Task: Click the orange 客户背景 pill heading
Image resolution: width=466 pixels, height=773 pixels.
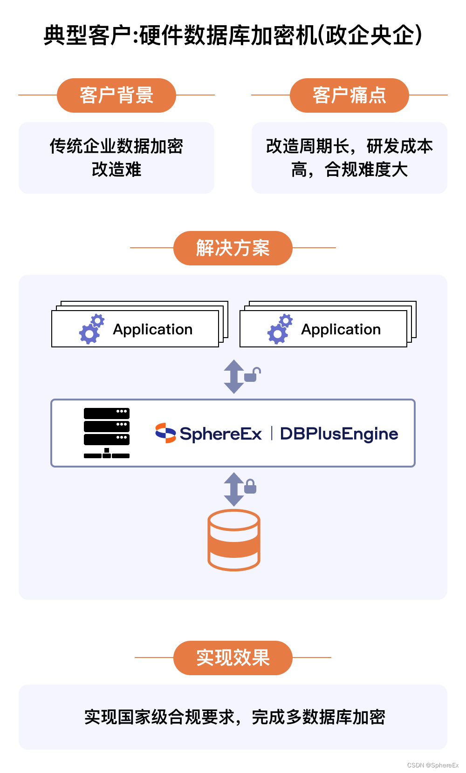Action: pos(116,95)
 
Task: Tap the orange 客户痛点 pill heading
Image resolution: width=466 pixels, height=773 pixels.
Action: pos(349,95)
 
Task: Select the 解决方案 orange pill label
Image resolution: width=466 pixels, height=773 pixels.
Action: pos(233,248)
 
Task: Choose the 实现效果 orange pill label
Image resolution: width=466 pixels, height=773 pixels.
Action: pos(233,658)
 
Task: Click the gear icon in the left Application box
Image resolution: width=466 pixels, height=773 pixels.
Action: pos(91,329)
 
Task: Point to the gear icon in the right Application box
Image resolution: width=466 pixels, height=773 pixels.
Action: pos(280,329)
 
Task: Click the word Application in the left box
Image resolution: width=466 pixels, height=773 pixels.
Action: pos(153,330)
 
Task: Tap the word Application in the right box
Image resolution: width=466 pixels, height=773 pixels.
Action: pos(341,330)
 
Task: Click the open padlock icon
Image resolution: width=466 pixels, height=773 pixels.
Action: pos(252,374)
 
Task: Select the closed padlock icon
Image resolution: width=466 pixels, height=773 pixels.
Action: pos(250,486)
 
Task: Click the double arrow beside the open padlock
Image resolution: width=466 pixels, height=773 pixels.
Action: pos(233,376)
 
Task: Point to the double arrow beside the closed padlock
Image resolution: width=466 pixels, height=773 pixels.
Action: pos(233,489)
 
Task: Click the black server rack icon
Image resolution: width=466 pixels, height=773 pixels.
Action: pos(107,433)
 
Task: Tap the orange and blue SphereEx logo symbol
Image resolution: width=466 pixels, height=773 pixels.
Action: pos(165,433)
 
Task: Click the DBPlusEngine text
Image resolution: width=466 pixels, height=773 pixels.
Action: pos(339,434)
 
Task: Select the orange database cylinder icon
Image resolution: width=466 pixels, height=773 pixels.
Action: pos(233,540)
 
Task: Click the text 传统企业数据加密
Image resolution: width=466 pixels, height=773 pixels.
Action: pos(116,146)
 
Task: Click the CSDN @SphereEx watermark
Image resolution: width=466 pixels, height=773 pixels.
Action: pos(433,765)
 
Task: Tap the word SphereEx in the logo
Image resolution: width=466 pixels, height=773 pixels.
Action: pos(221,434)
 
